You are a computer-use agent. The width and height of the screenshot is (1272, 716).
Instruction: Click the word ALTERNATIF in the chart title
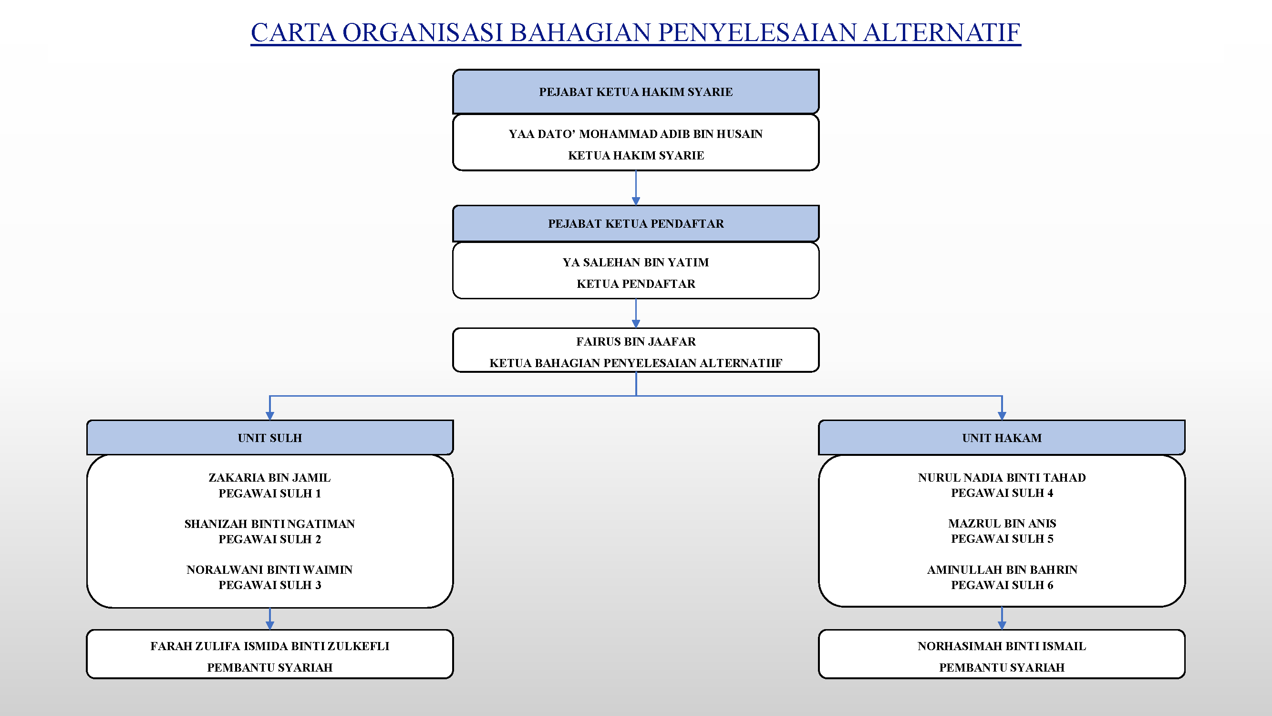[x=941, y=32]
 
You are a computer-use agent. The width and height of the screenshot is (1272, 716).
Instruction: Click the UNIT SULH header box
[x=269, y=437]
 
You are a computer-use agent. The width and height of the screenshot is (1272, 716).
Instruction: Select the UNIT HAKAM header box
[x=1002, y=437]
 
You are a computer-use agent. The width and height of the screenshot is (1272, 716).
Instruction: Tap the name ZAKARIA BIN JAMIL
[x=269, y=477]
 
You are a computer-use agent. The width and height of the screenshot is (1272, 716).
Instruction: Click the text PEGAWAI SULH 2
[x=269, y=539]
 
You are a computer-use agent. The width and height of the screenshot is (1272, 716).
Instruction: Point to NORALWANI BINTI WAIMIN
[x=269, y=570]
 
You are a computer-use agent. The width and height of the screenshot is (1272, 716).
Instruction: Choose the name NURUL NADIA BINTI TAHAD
[x=1002, y=477]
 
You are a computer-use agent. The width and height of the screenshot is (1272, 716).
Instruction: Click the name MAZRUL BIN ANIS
[x=1002, y=523]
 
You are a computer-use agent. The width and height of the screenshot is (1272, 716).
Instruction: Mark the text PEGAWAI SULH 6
[x=1002, y=585]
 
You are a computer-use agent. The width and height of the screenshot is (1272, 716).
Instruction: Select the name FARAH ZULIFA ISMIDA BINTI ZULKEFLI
[x=269, y=646]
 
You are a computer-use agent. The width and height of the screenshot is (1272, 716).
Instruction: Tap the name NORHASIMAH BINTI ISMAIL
[x=1002, y=646]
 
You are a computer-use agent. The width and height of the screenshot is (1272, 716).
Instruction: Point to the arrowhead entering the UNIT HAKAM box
[x=1002, y=416]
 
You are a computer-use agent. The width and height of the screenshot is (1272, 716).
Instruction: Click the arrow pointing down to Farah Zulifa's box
[x=269, y=619]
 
